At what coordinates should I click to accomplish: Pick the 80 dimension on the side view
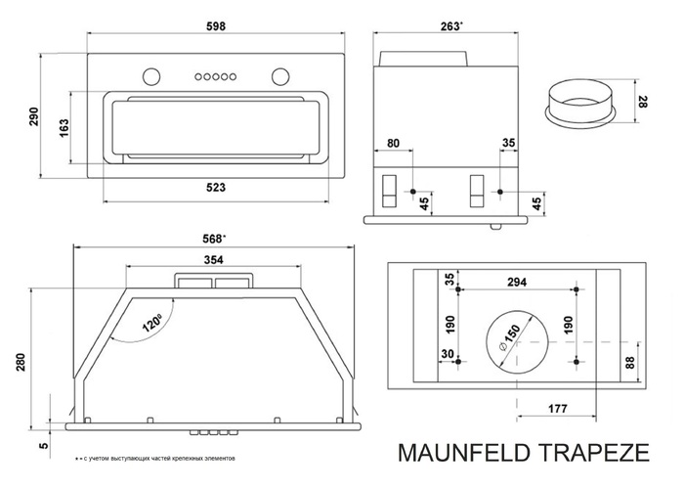[393, 144]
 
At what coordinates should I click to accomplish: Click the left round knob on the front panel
[150, 75]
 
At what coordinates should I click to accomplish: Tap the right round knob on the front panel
[280, 75]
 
